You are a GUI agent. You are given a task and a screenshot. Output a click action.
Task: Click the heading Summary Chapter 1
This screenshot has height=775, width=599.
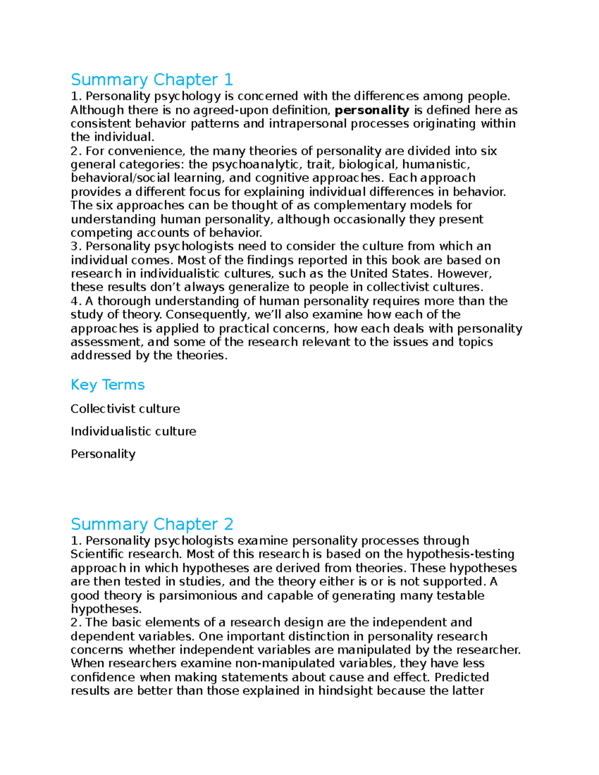(x=152, y=80)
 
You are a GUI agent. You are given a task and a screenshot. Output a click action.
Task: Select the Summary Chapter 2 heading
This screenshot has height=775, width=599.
(x=152, y=524)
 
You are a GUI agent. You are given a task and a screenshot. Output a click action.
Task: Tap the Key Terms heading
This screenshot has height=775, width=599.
(x=107, y=385)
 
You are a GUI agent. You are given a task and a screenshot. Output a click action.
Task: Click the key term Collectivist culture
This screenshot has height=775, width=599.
(x=125, y=409)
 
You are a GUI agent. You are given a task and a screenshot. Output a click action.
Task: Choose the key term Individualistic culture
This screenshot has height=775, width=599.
(x=133, y=431)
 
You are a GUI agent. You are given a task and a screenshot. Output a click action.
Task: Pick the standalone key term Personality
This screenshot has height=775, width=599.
(x=103, y=454)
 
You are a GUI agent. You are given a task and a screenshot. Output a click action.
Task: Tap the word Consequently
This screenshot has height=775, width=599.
(x=207, y=314)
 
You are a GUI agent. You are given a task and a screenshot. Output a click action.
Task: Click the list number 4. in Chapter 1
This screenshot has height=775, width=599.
(x=76, y=301)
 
